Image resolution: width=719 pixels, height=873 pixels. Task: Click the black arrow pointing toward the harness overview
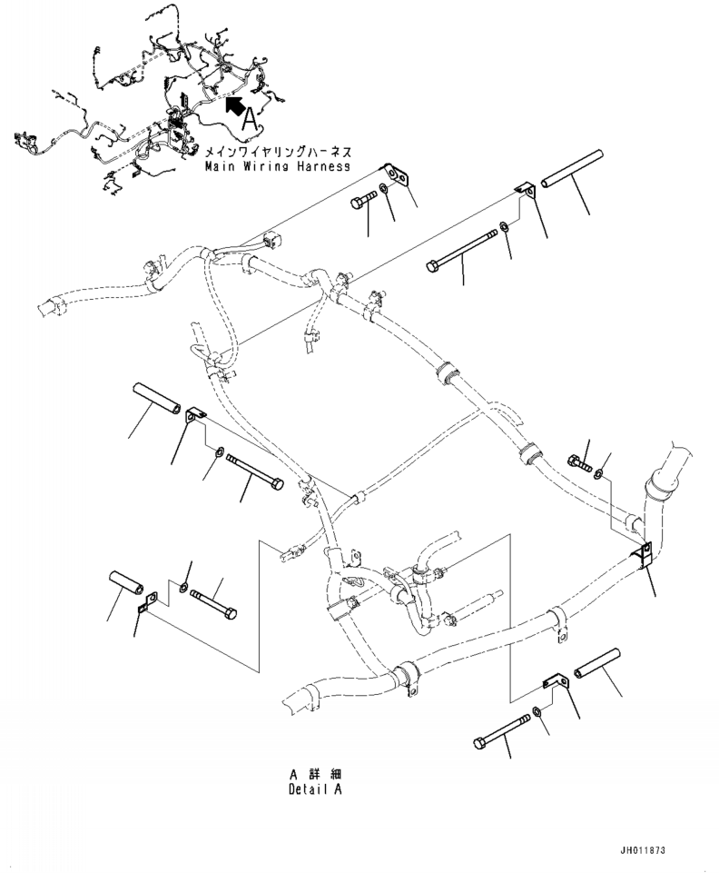click(x=235, y=104)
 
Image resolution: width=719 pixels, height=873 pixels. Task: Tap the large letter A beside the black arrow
click(x=250, y=118)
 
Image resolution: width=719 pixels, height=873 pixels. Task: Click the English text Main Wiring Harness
click(x=278, y=166)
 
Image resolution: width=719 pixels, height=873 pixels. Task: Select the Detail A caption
click(x=315, y=789)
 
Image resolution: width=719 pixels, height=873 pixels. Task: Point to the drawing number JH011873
click(x=643, y=850)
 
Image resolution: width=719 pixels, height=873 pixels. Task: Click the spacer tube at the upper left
click(x=157, y=398)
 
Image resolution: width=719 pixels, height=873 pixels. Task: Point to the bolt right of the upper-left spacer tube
click(x=255, y=473)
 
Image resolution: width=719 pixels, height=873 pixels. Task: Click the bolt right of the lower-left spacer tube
click(x=213, y=603)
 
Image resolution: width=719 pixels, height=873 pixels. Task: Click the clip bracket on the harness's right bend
click(x=644, y=557)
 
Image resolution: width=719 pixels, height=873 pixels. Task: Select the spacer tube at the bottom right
click(x=597, y=663)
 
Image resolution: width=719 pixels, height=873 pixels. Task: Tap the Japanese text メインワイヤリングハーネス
click(x=279, y=152)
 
